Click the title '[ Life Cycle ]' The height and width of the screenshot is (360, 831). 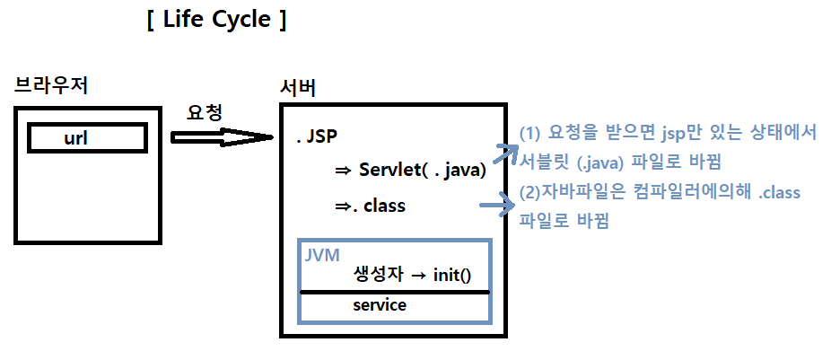point(215,21)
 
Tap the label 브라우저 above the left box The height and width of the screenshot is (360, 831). point(51,86)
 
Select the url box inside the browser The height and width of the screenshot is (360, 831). point(86,138)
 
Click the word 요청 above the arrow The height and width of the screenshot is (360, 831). point(204,112)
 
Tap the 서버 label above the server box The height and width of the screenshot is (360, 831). point(298,89)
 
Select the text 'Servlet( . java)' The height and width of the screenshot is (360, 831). point(422,171)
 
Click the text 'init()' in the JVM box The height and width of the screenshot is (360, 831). point(451,274)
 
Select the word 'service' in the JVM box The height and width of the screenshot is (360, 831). point(379,305)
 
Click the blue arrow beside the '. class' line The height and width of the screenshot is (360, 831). point(499,206)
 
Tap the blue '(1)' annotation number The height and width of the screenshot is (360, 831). point(531,133)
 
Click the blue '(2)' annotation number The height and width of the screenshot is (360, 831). point(530,192)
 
